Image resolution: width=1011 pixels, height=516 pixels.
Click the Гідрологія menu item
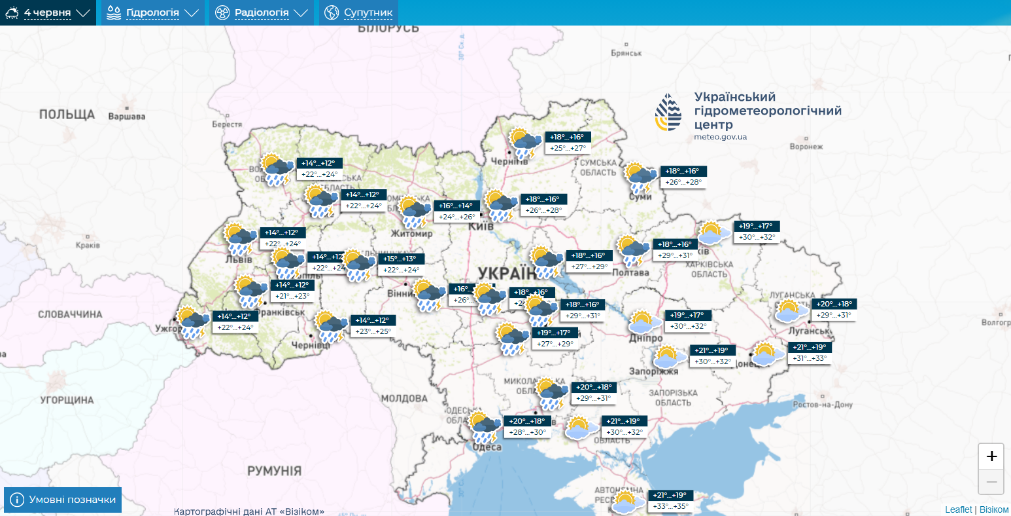(x=152, y=12)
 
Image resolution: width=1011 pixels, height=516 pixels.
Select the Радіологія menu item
(x=261, y=12)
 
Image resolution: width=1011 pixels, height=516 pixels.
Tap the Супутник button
(x=358, y=12)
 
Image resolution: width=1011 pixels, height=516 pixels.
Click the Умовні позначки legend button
(x=63, y=500)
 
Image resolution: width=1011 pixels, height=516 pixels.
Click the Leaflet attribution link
(x=958, y=509)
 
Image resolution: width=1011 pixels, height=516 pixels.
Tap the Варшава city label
(x=126, y=117)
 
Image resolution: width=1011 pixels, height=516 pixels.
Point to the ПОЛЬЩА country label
(x=67, y=115)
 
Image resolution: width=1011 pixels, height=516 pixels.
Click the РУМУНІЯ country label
(x=274, y=471)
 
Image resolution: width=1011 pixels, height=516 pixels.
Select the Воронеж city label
(x=806, y=147)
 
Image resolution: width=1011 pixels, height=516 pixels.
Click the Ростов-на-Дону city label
(x=823, y=405)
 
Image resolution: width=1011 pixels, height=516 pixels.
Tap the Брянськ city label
(x=626, y=53)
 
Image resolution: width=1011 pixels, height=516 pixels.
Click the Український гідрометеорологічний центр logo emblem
(x=668, y=112)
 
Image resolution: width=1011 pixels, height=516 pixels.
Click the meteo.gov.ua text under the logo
(x=720, y=137)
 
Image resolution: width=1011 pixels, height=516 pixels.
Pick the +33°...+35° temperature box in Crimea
(x=670, y=506)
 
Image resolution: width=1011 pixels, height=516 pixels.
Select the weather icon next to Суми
(x=640, y=178)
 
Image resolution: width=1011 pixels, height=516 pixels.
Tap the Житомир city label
(x=411, y=233)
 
